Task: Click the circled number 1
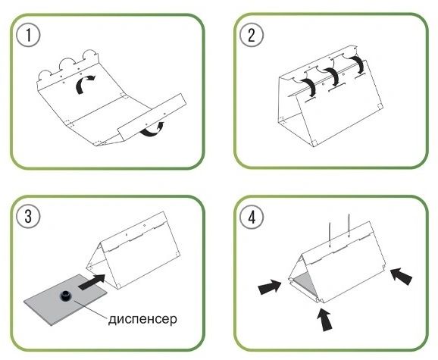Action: (28, 35)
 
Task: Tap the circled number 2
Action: (252, 35)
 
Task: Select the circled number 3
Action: (28, 217)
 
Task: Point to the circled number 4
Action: (252, 217)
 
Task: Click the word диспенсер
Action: (142, 319)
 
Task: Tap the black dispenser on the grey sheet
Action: (66, 296)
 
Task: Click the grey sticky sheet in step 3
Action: (65, 299)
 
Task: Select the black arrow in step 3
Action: (92, 282)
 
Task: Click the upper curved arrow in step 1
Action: (84, 84)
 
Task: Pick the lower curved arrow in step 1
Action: (152, 130)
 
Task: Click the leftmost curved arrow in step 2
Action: (309, 86)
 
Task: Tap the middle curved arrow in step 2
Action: (332, 76)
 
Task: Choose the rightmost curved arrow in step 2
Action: (358, 64)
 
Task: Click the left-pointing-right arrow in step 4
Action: (270, 287)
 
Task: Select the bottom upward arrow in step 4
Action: (325, 320)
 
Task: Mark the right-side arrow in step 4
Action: (401, 276)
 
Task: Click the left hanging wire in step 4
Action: (330, 235)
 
